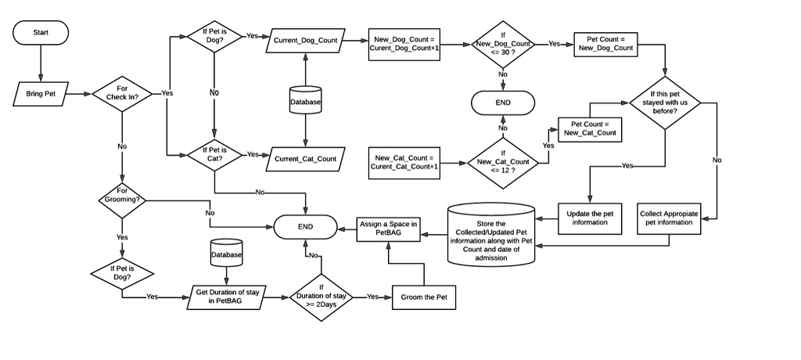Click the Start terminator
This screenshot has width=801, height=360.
click(x=41, y=32)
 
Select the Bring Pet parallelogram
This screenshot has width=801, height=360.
click(x=41, y=94)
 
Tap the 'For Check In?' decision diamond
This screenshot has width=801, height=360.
click(x=122, y=93)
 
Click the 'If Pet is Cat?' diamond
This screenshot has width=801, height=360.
click(x=214, y=154)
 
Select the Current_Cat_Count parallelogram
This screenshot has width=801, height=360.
click(x=305, y=159)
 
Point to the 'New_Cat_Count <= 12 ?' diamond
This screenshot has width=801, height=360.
click(x=503, y=161)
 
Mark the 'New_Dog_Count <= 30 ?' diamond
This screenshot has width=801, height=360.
click(x=503, y=44)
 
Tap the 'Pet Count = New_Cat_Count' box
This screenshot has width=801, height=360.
click(x=589, y=128)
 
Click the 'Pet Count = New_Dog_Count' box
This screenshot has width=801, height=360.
click(x=605, y=44)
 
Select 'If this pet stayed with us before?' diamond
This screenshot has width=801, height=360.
click(x=665, y=103)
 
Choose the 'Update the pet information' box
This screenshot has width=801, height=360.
click(x=589, y=218)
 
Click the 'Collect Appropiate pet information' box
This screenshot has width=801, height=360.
click(x=669, y=218)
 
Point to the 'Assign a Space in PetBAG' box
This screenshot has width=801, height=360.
click(x=389, y=228)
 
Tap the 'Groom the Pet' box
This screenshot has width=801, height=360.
click(x=423, y=298)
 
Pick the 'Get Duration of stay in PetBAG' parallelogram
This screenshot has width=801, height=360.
click(x=228, y=297)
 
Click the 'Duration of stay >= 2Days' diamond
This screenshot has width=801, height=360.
click(x=321, y=297)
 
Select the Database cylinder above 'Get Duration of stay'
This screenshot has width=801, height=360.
click(x=227, y=254)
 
